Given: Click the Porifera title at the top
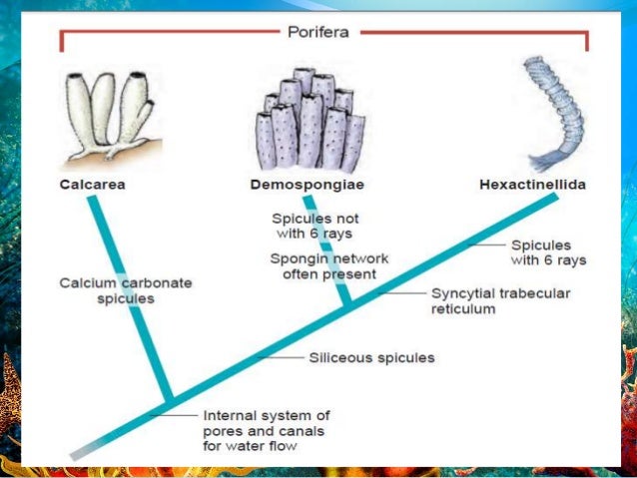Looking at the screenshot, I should pos(320,32).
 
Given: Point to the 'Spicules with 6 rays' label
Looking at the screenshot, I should pos(548,252).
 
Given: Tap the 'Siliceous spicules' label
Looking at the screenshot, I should pos(371,356).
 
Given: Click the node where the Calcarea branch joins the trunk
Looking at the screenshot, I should pos(171,401).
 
